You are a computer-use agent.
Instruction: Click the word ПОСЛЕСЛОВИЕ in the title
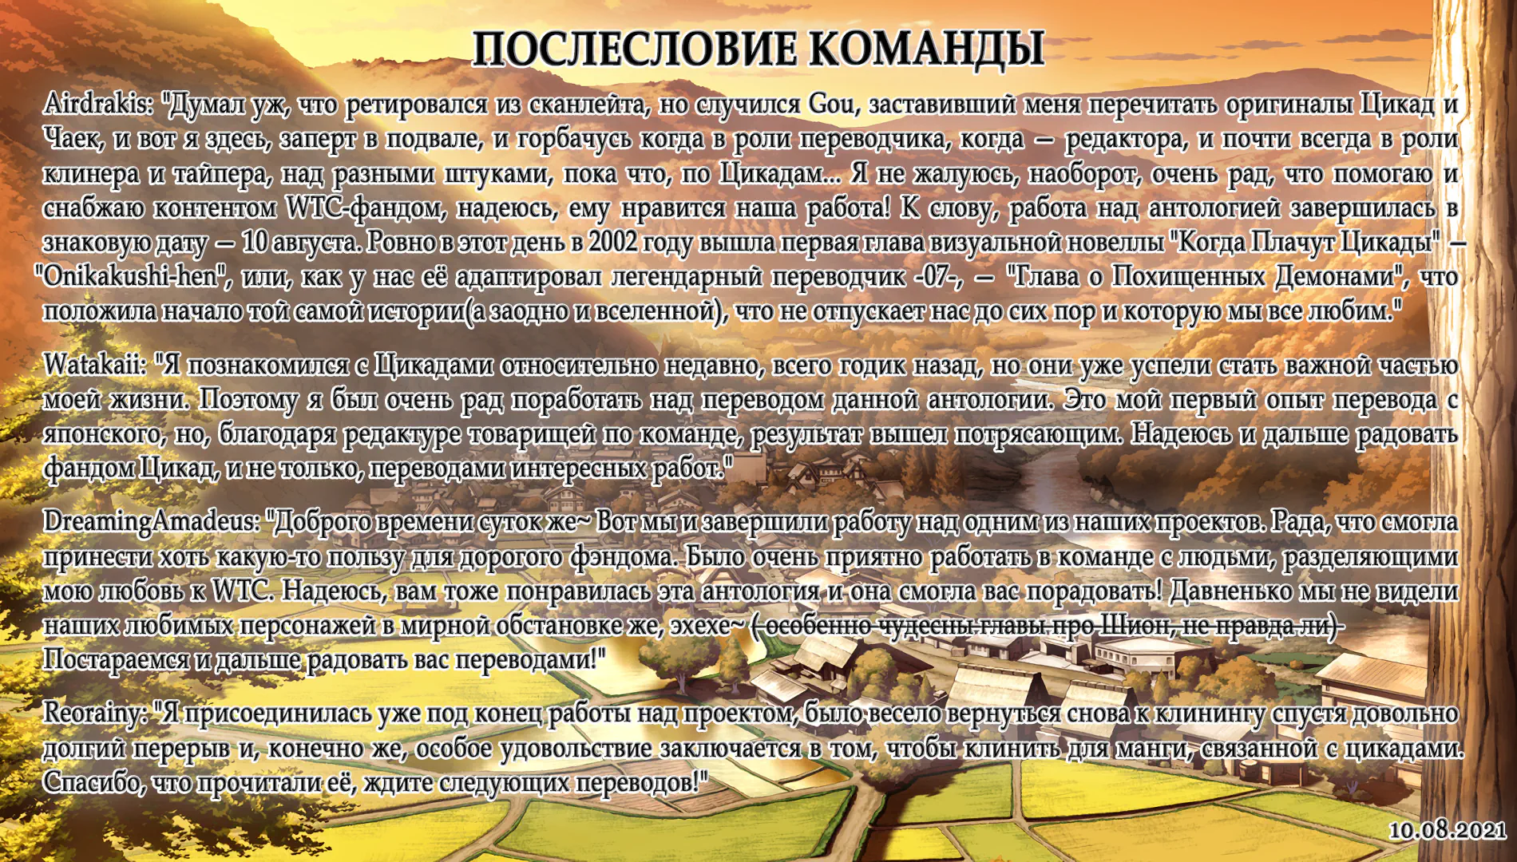635,49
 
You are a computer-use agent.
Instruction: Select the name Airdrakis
97,104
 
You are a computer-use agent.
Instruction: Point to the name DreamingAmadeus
152,523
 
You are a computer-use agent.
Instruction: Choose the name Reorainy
93,714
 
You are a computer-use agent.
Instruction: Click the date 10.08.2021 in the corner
1448,830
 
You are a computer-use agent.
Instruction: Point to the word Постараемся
115,660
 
